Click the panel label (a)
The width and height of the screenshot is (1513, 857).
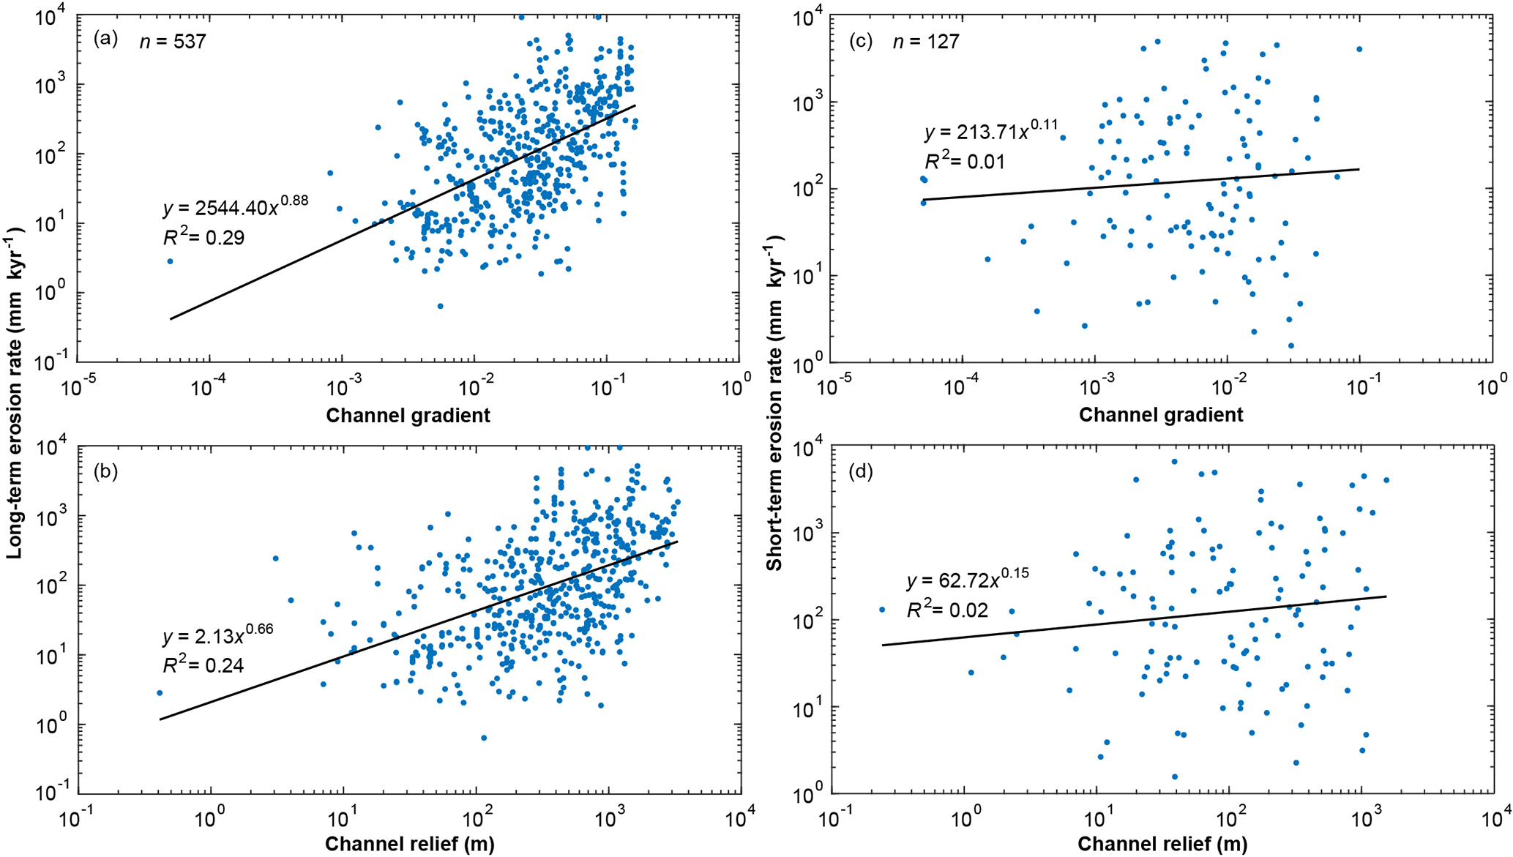[x=105, y=40]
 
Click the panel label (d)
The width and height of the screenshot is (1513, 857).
[x=860, y=471]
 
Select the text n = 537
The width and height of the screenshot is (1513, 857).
[x=173, y=42]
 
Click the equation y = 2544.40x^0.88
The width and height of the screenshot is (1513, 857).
[x=235, y=207]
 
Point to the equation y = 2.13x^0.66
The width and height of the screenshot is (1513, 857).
[x=217, y=635]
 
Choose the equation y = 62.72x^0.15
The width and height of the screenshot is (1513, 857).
[x=968, y=580]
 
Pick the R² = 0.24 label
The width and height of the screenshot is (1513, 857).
[x=203, y=665]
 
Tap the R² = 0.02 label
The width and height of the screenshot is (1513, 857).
[x=947, y=610]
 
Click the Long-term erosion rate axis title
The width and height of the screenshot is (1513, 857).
[x=16, y=393]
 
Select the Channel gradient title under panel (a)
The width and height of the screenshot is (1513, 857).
[x=408, y=415]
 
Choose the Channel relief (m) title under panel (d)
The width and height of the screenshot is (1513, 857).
[x=1162, y=844]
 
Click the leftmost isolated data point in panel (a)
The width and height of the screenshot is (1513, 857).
[x=171, y=261]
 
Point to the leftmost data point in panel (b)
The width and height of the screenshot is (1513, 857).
[x=160, y=693]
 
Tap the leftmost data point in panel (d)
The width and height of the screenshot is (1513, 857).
[x=882, y=610]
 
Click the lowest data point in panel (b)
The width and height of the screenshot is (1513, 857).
[x=484, y=738]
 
